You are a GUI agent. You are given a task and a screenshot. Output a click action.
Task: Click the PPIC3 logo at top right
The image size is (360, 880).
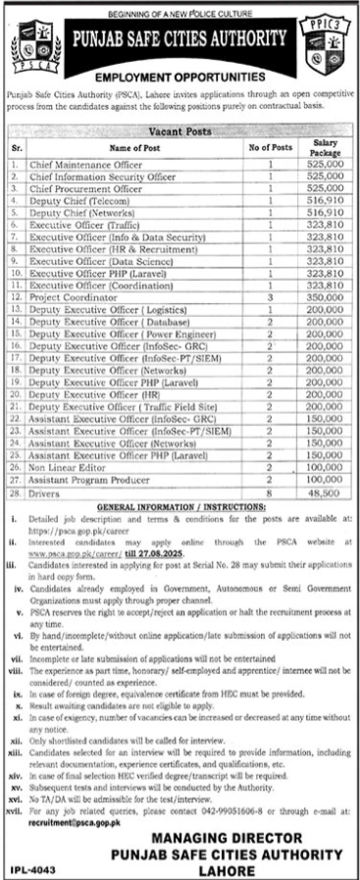coord(329,43)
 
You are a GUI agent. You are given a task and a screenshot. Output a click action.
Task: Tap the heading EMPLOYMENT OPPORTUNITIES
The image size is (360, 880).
coord(180,75)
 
